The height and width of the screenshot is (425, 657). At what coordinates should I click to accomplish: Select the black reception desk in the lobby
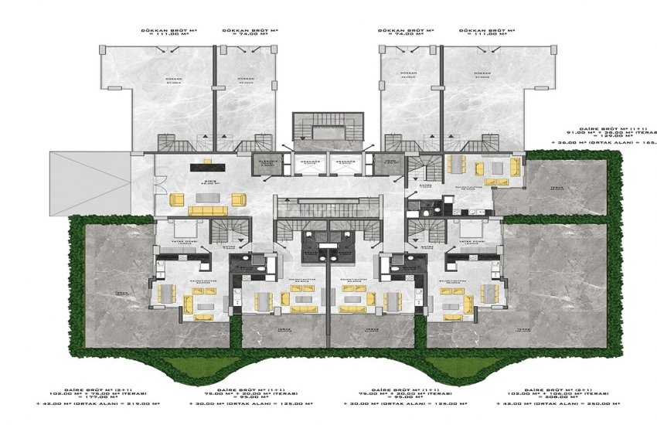(x=207, y=163)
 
